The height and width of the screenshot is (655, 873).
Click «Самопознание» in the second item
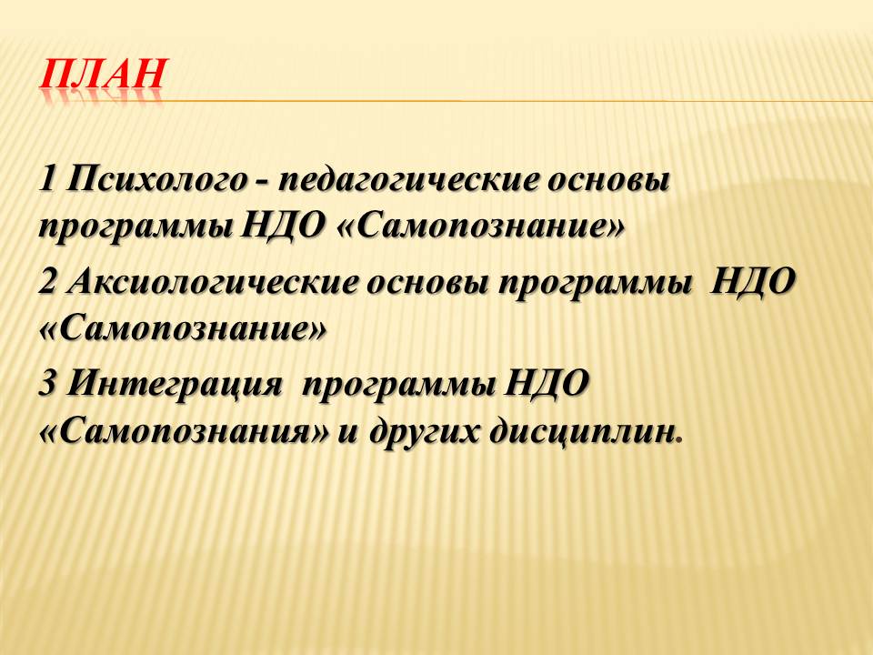(182, 330)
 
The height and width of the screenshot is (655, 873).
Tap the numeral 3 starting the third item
(48, 384)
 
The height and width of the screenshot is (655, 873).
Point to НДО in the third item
(547, 384)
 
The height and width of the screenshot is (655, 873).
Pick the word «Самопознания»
(185, 432)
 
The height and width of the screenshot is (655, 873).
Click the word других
(424, 432)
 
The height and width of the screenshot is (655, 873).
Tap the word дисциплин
(581, 432)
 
